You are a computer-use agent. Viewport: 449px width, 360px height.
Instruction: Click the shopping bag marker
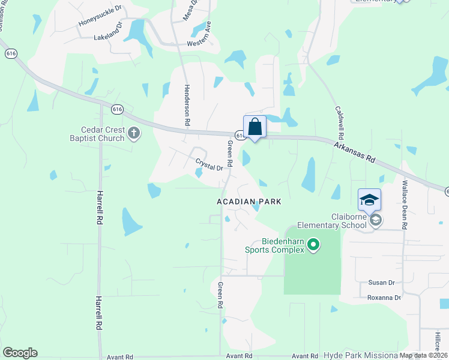pyautogui.click(x=255, y=127)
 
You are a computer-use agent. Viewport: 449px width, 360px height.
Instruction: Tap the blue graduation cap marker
pyautogui.click(x=369, y=200)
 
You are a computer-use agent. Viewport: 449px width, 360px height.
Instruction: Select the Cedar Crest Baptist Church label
pyautogui.click(x=103, y=134)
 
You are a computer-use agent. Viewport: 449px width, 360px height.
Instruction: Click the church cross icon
pyautogui.click(x=133, y=133)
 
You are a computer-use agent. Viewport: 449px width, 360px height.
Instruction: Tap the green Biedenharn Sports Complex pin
pyautogui.click(x=313, y=244)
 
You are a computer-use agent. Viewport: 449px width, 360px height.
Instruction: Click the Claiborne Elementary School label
pyautogui.click(x=349, y=221)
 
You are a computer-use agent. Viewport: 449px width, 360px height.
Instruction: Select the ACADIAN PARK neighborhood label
pyautogui.click(x=249, y=202)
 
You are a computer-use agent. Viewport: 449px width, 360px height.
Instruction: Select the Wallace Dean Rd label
pyautogui.click(x=405, y=205)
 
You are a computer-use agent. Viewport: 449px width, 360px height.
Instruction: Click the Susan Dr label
pyautogui.click(x=382, y=282)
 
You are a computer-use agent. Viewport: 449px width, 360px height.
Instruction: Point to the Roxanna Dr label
pyautogui.click(x=384, y=298)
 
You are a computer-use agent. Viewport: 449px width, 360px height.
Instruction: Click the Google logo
pyautogui.click(x=20, y=353)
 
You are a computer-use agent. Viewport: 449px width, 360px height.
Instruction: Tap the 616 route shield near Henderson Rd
pyautogui.click(x=118, y=109)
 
